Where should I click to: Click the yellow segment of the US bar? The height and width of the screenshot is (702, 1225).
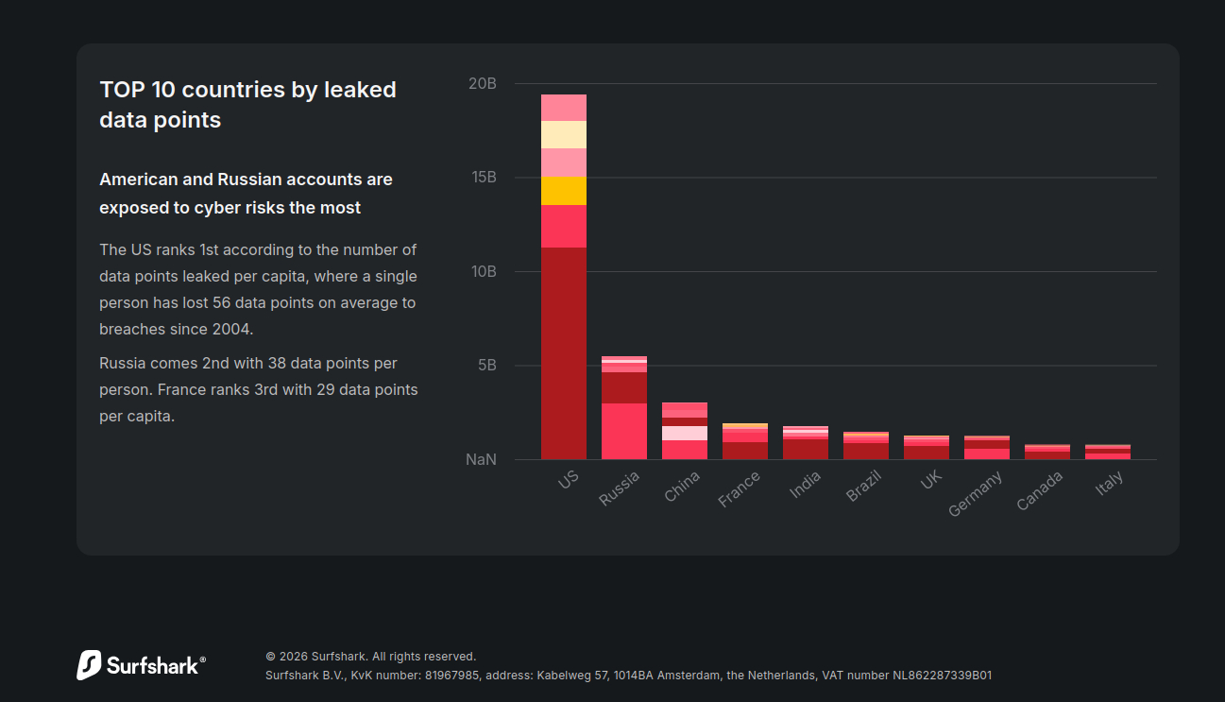coord(564,191)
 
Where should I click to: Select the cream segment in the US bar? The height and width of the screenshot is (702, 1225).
coord(564,134)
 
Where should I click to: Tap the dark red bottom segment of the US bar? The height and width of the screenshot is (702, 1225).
coord(564,353)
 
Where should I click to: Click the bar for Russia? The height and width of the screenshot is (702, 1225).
coord(624,408)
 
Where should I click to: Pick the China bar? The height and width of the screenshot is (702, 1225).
coord(685,431)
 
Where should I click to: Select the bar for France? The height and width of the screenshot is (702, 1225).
coord(745,441)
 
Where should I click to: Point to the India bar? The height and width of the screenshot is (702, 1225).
coord(806,443)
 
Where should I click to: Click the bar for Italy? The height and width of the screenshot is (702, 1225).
coord(1108,452)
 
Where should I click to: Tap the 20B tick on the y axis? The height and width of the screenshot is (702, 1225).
coord(482,84)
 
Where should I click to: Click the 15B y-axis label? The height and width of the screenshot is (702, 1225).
coord(483,178)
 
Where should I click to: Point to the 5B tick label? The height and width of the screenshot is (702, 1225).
coord(486,366)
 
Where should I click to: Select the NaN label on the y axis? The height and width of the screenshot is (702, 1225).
coord(481,460)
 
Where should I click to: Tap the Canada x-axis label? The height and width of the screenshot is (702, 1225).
coord(1040,490)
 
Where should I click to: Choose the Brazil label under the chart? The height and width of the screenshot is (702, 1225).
coord(863,486)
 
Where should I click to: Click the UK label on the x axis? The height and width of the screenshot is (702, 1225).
coord(931,480)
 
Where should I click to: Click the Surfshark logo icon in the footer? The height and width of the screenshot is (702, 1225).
coord(89,665)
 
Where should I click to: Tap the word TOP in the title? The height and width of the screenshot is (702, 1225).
coord(120,90)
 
